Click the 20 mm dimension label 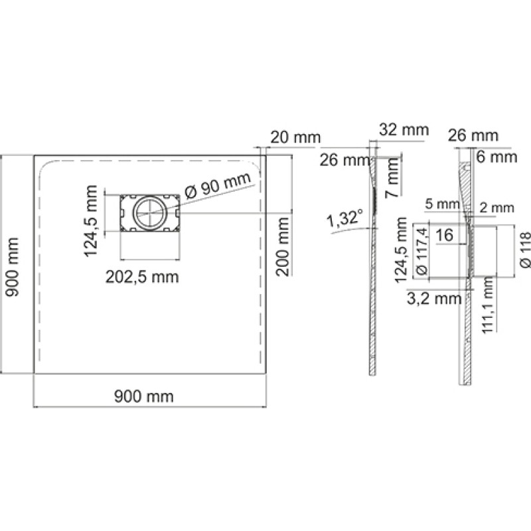(x=295, y=137)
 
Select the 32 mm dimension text (x=404, y=129)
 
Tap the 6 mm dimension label (x=496, y=157)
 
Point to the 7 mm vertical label (x=392, y=177)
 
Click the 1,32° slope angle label (x=344, y=218)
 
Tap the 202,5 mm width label (x=142, y=277)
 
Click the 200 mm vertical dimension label (x=283, y=247)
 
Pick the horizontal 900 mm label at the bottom (x=144, y=396)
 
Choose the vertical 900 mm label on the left (x=12, y=267)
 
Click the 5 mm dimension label (x=442, y=204)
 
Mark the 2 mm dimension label (x=496, y=208)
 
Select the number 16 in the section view (x=444, y=235)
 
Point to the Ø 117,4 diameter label (x=421, y=251)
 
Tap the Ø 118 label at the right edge (x=524, y=250)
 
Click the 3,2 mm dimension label (x=434, y=298)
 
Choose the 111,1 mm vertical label (x=488, y=305)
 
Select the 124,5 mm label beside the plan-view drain (x=90, y=221)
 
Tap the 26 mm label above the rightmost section (x=473, y=135)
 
